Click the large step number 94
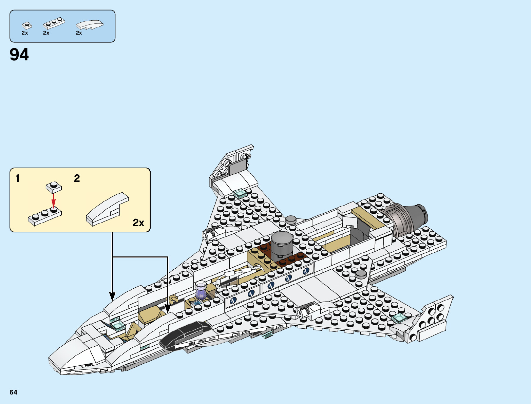(x=19, y=55)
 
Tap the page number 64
(x=13, y=392)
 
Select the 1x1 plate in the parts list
(x=26, y=25)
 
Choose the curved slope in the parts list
(x=90, y=25)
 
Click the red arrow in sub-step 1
(x=53, y=200)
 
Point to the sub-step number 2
(x=77, y=178)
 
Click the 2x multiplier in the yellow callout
(x=138, y=223)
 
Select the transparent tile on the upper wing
(x=240, y=193)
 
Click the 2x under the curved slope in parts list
(x=79, y=33)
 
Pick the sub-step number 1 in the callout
(x=18, y=178)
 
